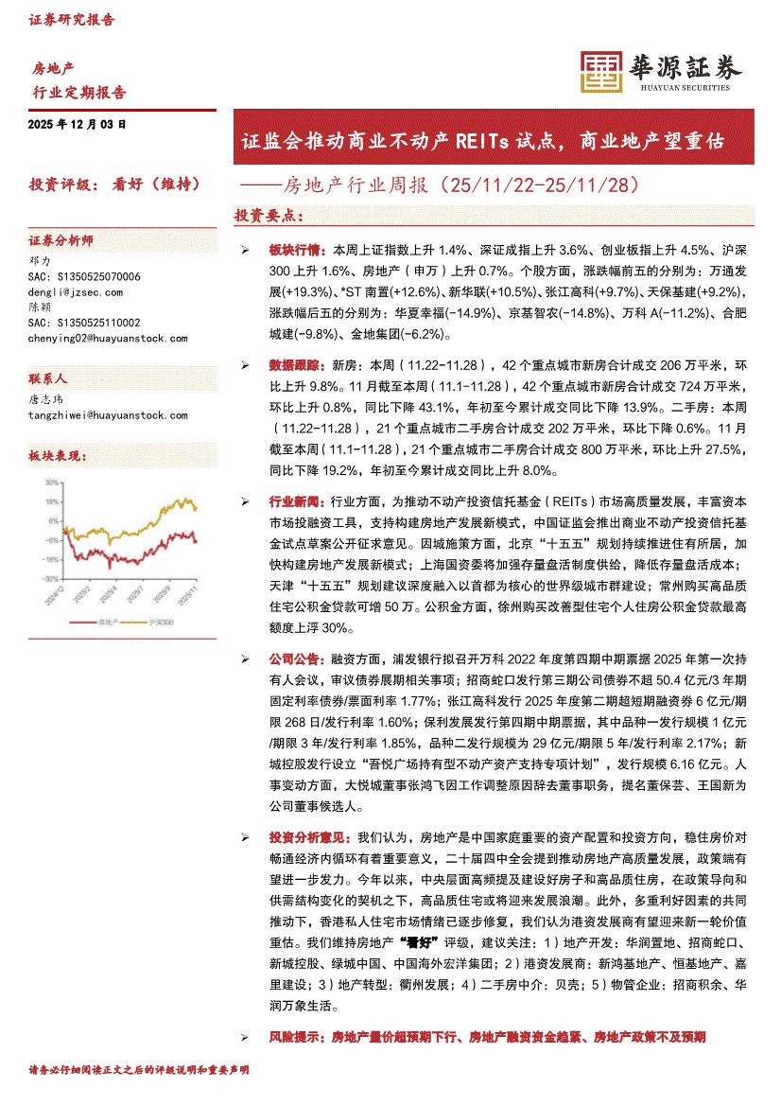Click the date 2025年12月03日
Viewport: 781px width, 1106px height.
(77, 124)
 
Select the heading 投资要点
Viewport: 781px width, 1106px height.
(269, 217)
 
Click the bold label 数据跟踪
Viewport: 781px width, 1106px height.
(295, 364)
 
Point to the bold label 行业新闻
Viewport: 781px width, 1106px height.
(295, 501)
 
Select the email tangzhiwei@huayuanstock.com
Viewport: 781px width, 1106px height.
(109, 414)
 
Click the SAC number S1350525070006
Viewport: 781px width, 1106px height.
(84, 277)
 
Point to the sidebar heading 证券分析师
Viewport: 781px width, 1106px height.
(61, 241)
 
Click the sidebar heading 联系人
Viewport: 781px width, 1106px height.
(48, 377)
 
